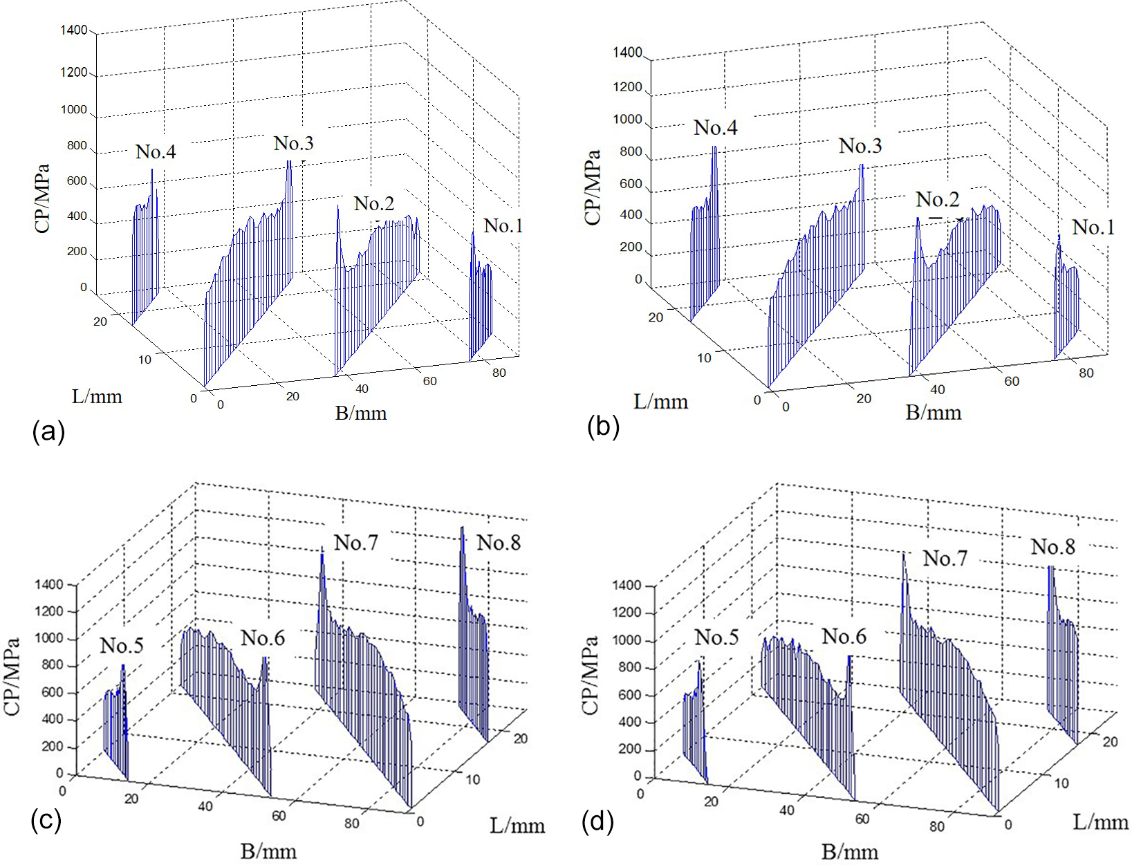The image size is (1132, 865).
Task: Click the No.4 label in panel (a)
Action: [156, 152]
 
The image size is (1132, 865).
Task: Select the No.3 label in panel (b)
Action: [860, 146]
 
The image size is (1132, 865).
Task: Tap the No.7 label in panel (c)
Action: [356, 543]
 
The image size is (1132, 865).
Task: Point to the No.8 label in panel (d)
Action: [1053, 547]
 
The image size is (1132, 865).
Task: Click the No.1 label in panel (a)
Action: [503, 225]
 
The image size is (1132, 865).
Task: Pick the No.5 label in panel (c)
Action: [122, 646]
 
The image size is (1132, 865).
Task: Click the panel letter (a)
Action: [48, 431]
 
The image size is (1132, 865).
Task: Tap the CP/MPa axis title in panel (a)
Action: [43, 198]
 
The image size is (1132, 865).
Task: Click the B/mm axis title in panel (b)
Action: [934, 413]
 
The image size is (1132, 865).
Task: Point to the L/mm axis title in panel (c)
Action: [517, 825]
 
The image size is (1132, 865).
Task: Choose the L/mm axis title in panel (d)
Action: [1101, 821]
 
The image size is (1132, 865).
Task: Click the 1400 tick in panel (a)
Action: [74, 30]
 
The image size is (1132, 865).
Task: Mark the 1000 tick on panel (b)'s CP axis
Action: [627, 119]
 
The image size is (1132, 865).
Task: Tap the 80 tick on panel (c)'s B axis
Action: [351, 823]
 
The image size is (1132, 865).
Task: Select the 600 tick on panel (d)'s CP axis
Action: [628, 695]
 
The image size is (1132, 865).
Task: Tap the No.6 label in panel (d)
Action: [844, 636]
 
